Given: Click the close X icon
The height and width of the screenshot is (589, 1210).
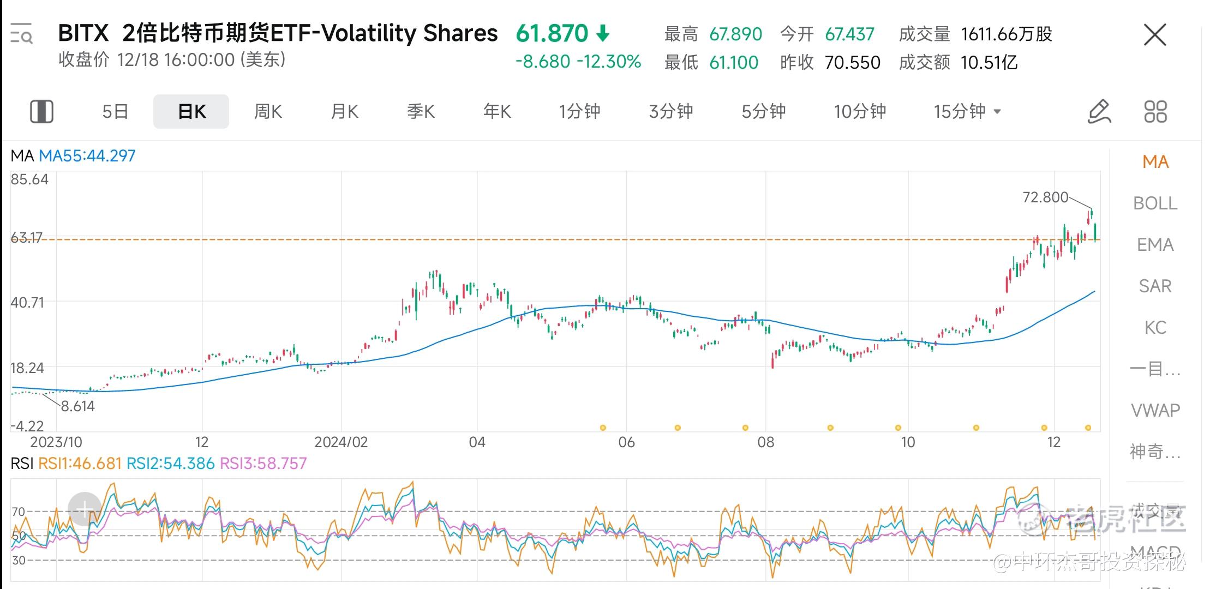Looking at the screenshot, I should pyautogui.click(x=1154, y=35).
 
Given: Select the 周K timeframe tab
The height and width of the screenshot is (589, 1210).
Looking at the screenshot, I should pyautogui.click(x=268, y=112).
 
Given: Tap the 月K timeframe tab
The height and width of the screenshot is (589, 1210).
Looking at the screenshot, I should pyautogui.click(x=344, y=112).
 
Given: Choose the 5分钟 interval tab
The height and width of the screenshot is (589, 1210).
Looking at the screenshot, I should pyautogui.click(x=763, y=112).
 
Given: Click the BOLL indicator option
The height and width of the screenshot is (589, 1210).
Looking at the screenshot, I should pyautogui.click(x=1155, y=203).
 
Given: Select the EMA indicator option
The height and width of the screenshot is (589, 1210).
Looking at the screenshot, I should pyautogui.click(x=1155, y=245).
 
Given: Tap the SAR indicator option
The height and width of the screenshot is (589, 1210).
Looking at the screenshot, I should pyautogui.click(x=1155, y=286).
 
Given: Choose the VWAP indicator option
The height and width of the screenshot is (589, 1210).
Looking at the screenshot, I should pyautogui.click(x=1155, y=410).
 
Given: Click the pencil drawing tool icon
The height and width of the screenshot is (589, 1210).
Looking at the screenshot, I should pyautogui.click(x=1099, y=112).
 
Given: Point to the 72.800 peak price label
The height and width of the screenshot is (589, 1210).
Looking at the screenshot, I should pyautogui.click(x=1045, y=197).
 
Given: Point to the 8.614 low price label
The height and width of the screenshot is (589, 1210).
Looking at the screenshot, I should pyautogui.click(x=77, y=406).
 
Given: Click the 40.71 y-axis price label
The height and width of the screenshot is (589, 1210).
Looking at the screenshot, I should pyautogui.click(x=27, y=302).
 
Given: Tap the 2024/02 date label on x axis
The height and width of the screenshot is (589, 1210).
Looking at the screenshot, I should pyautogui.click(x=341, y=442).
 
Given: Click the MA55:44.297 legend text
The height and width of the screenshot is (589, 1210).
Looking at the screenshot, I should pyautogui.click(x=87, y=156).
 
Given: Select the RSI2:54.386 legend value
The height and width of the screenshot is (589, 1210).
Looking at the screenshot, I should pyautogui.click(x=170, y=464).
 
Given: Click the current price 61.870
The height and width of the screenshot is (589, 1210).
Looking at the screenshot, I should pyautogui.click(x=552, y=34).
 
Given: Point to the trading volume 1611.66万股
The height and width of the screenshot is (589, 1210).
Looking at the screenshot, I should pyautogui.click(x=1006, y=34).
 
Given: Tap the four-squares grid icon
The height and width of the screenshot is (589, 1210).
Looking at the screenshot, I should pyautogui.click(x=1155, y=112).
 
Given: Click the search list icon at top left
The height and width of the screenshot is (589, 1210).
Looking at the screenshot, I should pyautogui.click(x=22, y=34).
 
